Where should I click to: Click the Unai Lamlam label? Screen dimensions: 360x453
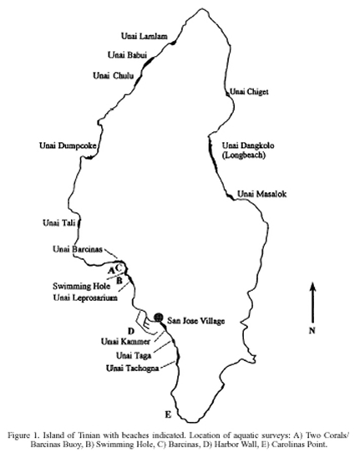coord(144,37)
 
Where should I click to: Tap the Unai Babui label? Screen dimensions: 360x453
coord(127,54)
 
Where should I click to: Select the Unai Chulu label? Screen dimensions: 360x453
coord(113,76)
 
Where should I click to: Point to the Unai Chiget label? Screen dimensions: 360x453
coord(249,92)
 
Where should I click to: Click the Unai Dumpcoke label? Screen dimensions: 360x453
coord(68,145)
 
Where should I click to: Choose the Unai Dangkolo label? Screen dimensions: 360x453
coord(248,145)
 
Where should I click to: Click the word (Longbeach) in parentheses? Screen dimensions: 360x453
coord(243,155)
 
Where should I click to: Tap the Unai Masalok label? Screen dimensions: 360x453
coord(261,194)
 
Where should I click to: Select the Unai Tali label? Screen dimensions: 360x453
coord(59,223)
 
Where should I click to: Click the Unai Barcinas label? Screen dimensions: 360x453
coord(78,249)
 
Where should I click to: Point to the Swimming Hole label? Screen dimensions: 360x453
coord(81,287)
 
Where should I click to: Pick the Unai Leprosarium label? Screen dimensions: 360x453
coord(85,298)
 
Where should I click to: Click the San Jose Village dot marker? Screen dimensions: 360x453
coord(158,318)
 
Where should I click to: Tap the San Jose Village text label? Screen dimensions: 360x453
coord(196,321)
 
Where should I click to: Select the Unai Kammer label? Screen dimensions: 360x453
coord(125,342)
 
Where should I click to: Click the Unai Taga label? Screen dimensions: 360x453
coord(134,355)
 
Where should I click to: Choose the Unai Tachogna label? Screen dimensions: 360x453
coord(133,369)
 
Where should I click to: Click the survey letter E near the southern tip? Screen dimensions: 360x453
coord(168,415)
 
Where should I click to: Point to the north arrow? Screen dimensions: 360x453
coord(313,303)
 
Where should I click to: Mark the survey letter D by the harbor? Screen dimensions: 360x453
coord(131,331)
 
